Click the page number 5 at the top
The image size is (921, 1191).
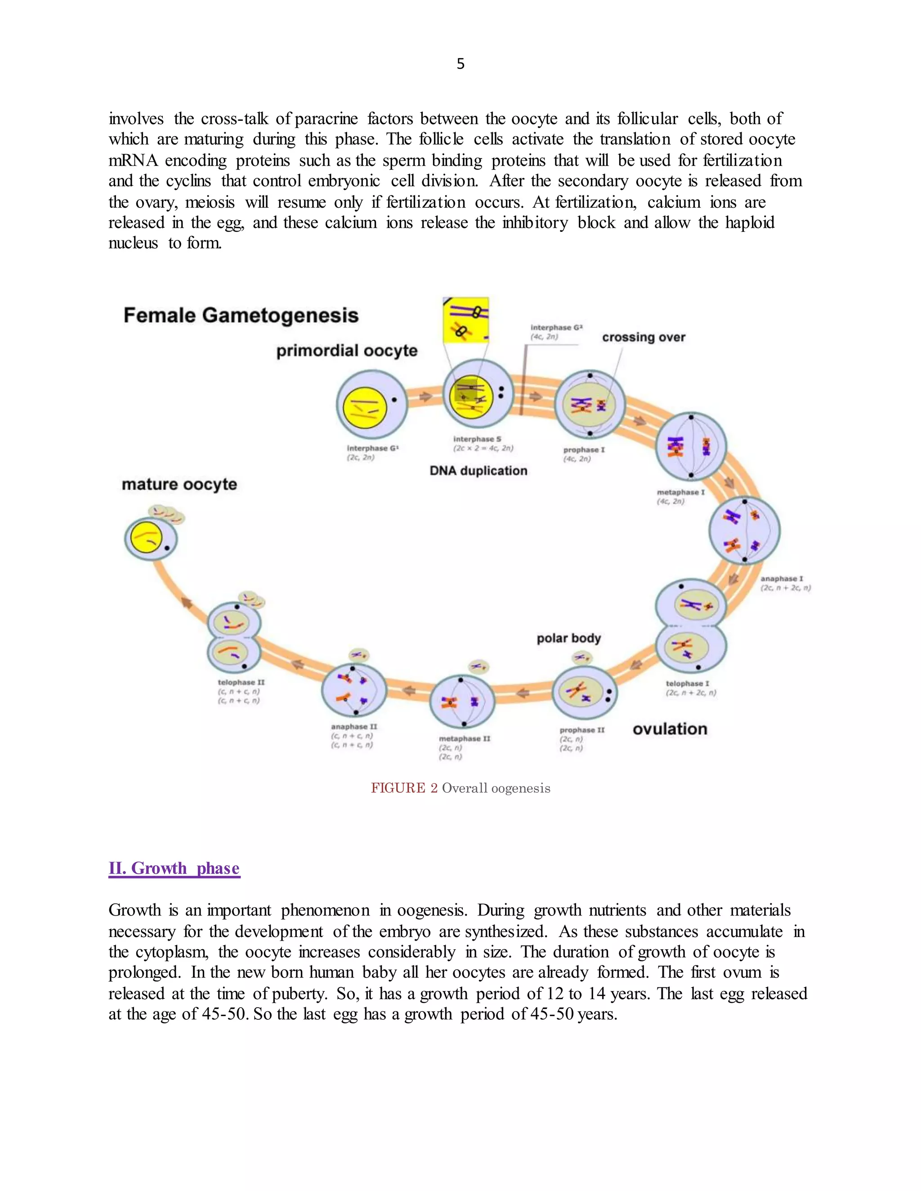click(460, 64)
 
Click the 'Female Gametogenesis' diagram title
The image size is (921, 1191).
click(241, 315)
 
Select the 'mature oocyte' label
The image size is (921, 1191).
click(179, 484)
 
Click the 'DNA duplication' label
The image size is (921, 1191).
click(478, 471)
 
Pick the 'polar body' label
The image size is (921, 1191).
click(568, 638)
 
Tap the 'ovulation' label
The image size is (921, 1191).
click(670, 729)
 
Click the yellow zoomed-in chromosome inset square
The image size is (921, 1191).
click(465, 320)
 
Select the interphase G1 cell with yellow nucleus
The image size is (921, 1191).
click(371, 404)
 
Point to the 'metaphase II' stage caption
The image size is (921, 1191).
click(464, 738)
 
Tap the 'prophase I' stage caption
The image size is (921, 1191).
click(584, 450)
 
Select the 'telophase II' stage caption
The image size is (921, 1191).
click(241, 682)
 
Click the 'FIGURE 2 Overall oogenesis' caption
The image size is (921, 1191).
click(460, 788)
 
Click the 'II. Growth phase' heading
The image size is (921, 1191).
click(174, 868)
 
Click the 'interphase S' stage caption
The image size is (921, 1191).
click(477, 439)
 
